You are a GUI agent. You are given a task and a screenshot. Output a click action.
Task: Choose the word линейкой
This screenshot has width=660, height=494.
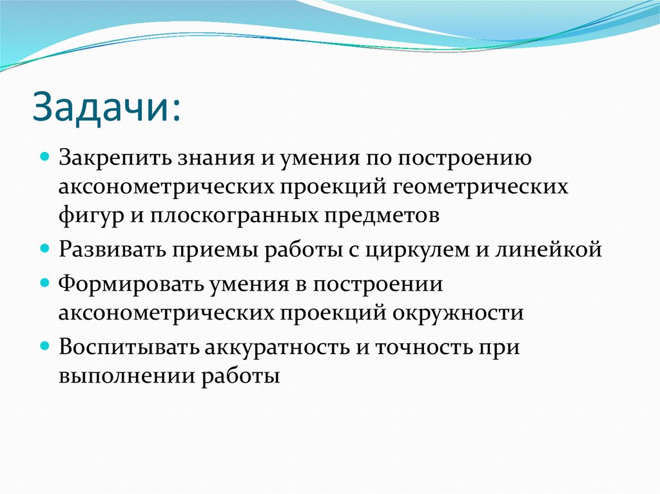coord(552,249)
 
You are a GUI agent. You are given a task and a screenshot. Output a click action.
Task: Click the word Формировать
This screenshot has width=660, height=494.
coord(119,283)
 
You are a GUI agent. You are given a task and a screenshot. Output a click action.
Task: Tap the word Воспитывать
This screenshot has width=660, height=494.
coord(128,346)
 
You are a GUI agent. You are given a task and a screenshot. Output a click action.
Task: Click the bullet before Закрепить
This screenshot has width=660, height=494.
coord(45,157)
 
